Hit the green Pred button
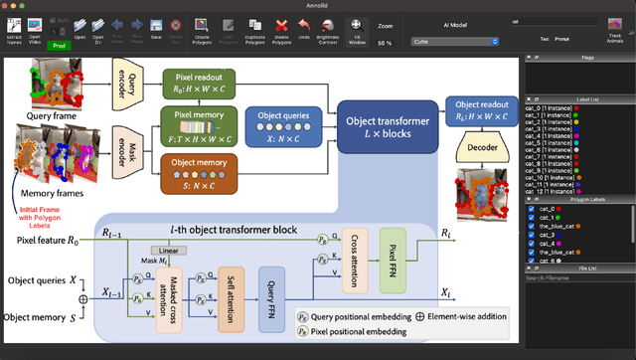click(59, 45)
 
